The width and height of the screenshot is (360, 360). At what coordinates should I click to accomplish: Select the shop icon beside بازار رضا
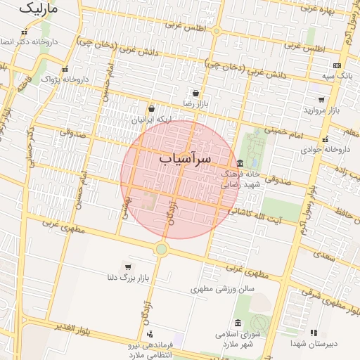tap(195, 93)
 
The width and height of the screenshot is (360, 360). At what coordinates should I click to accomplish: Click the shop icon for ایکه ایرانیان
tap(151, 109)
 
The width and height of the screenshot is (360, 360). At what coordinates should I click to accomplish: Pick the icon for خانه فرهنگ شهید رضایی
tap(240, 163)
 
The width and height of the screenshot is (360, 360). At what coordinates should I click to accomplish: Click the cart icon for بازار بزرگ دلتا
tap(127, 266)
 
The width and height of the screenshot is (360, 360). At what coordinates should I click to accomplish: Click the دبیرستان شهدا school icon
tap(314, 333)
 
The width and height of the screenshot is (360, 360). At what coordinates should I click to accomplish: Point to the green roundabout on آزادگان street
tap(162, 248)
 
